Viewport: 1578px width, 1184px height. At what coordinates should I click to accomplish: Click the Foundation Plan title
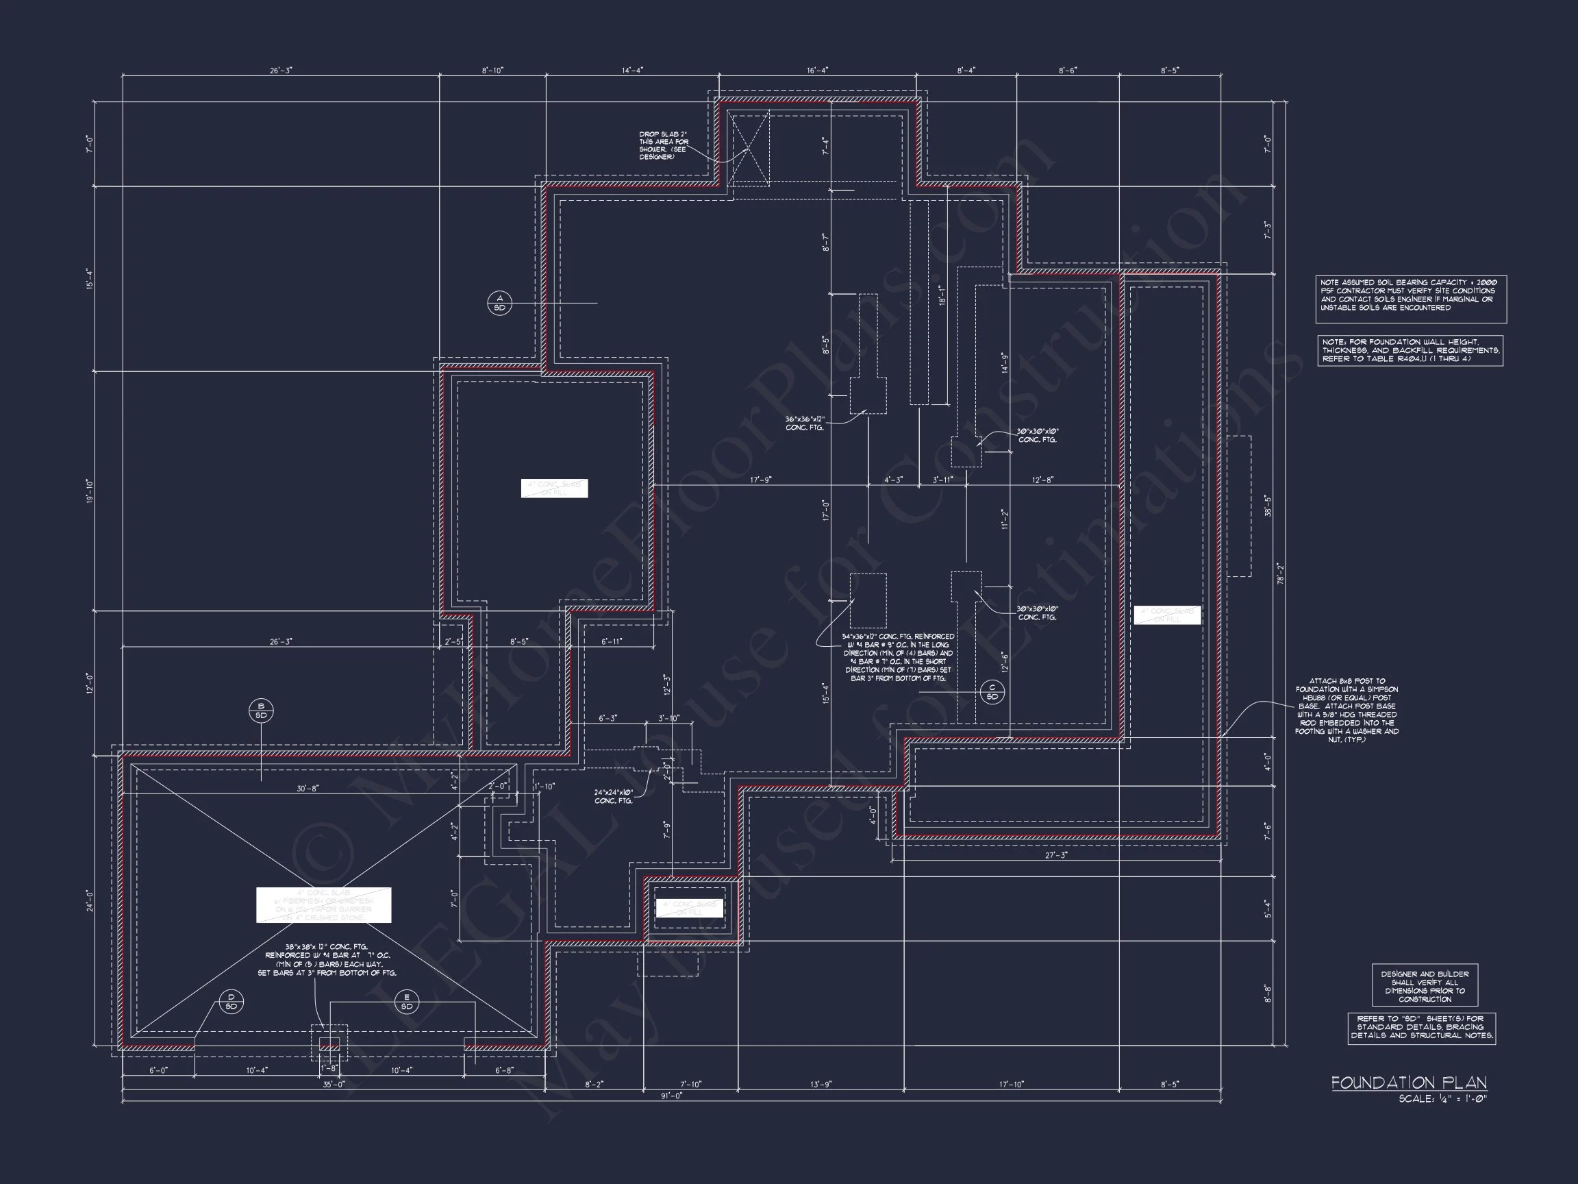click(1408, 1083)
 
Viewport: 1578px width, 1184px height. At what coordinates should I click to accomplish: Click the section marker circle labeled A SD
click(499, 304)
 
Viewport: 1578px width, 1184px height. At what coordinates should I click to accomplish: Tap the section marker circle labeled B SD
click(261, 710)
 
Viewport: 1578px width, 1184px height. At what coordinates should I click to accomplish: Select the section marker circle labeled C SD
click(992, 692)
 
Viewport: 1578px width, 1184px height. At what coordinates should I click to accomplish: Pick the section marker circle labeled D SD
click(231, 1001)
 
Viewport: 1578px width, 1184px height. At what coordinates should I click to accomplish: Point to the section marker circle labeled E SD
click(407, 1001)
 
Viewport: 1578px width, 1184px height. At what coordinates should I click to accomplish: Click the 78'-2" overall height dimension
click(1281, 573)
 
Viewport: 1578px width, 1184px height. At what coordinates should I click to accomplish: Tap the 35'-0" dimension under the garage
click(333, 1084)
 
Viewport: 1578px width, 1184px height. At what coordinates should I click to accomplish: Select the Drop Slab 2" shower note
click(664, 145)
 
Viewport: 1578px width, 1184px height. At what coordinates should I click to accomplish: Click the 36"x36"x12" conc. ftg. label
click(805, 423)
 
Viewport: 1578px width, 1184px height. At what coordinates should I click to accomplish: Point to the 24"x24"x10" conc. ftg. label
click(614, 796)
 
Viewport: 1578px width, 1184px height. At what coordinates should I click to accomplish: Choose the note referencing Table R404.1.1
click(1410, 350)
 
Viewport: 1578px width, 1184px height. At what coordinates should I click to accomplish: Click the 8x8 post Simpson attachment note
click(1347, 710)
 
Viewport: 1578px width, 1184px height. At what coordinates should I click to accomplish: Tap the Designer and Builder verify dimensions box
click(1424, 986)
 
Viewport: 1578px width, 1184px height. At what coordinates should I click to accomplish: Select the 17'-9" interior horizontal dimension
click(760, 480)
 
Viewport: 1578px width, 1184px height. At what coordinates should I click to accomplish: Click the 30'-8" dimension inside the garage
click(308, 788)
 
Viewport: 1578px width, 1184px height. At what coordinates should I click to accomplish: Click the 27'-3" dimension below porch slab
click(1056, 855)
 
